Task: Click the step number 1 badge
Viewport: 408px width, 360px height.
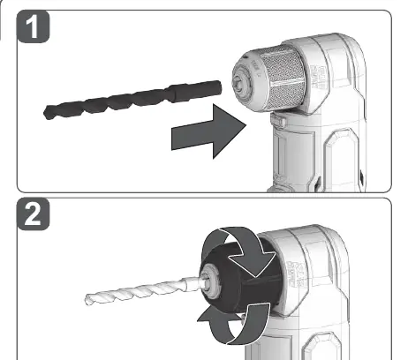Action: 34,26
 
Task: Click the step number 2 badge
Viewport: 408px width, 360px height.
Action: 34,214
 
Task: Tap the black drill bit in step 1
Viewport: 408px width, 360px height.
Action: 132,100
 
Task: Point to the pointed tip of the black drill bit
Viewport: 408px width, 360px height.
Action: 46,113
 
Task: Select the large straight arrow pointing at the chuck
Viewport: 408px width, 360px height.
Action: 208,131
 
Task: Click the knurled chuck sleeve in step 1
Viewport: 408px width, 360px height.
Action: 283,79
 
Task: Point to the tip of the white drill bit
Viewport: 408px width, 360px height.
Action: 87,299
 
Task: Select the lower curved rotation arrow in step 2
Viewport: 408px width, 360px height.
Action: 236,325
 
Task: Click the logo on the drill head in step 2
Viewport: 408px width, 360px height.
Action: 297,274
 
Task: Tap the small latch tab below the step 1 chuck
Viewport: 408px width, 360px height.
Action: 277,121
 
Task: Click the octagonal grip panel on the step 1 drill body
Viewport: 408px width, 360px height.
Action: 342,159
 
